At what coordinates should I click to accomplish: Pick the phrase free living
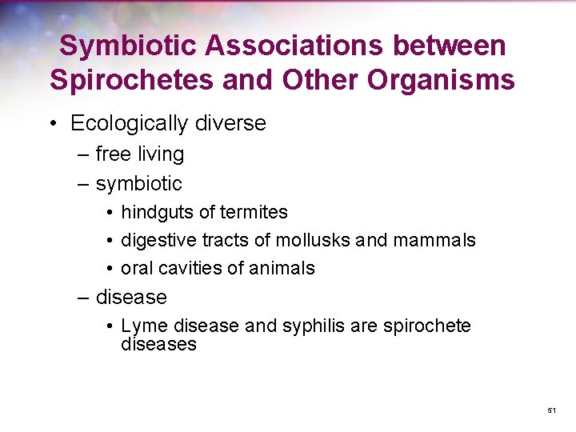point(139,154)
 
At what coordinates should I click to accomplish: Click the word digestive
point(155,240)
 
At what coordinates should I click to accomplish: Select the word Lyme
point(140,326)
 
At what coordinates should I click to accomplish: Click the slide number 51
point(551,410)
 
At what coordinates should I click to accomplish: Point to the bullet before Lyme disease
point(110,326)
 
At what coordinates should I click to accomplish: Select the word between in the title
point(442,46)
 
